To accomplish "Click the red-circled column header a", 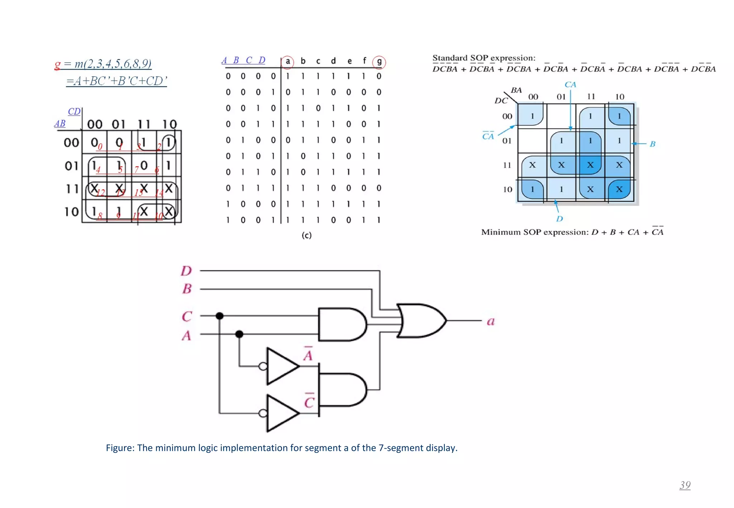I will [x=287, y=62].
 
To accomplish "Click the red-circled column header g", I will [x=379, y=62].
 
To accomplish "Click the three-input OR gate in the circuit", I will [x=421, y=321].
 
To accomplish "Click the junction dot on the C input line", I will [x=220, y=316].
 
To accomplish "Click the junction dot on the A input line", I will [x=239, y=334].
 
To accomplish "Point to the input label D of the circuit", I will [x=186, y=271].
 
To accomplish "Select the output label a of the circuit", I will [x=491, y=321].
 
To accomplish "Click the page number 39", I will [x=685, y=485].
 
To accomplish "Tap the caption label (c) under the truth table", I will [x=306, y=235].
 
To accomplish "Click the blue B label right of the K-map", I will [x=652, y=144].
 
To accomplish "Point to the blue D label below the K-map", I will [x=559, y=219].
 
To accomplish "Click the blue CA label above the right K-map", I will [x=570, y=85].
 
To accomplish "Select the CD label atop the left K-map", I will [x=74, y=111].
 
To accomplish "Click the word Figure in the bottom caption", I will [x=119, y=448].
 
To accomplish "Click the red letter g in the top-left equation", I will [x=57, y=65].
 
